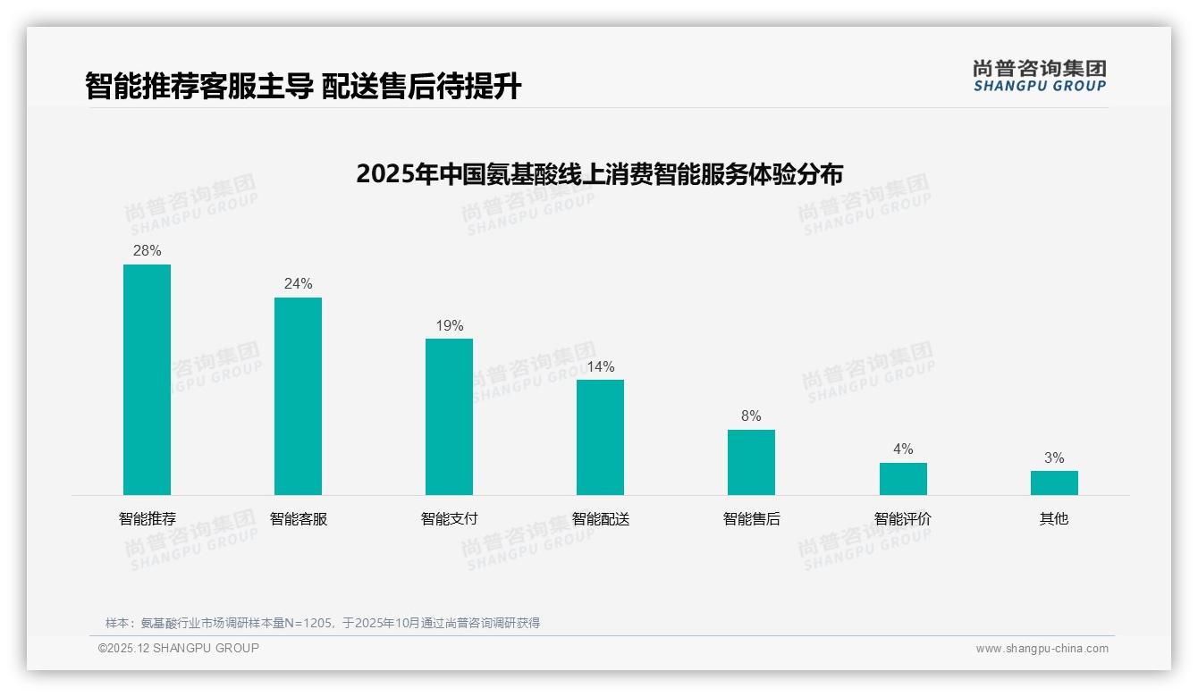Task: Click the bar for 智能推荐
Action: coord(147,380)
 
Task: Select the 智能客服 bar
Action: coord(298,396)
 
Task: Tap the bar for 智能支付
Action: coord(449,416)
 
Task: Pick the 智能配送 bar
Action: coord(600,437)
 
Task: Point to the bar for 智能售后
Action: coord(751,462)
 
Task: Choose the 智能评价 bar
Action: coord(903,479)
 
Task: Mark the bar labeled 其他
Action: coord(1054,483)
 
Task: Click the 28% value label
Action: coord(147,251)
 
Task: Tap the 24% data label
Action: coord(298,284)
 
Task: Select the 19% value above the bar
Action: coord(449,326)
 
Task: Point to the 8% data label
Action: coord(751,416)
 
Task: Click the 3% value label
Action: coord(1054,458)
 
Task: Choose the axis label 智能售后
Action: coord(751,519)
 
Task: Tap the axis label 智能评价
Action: coord(903,519)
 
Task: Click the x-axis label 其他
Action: coord(1054,519)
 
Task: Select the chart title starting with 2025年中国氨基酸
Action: coord(599,174)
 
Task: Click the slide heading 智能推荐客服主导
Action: coord(303,87)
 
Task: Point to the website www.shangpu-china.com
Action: coord(1042,649)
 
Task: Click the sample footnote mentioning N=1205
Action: coord(323,623)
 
